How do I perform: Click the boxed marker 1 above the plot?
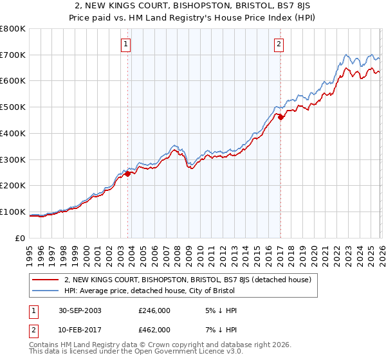click(x=125, y=44)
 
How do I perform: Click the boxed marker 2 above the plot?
click(x=279, y=44)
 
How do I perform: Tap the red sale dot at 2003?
click(x=128, y=173)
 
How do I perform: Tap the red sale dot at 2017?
click(x=280, y=117)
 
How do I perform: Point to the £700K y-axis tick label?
click(x=13, y=55)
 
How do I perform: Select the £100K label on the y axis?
click(x=13, y=212)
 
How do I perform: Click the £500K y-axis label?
click(x=13, y=107)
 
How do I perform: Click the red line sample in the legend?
click(x=45, y=280)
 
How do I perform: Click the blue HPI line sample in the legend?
click(x=45, y=291)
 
